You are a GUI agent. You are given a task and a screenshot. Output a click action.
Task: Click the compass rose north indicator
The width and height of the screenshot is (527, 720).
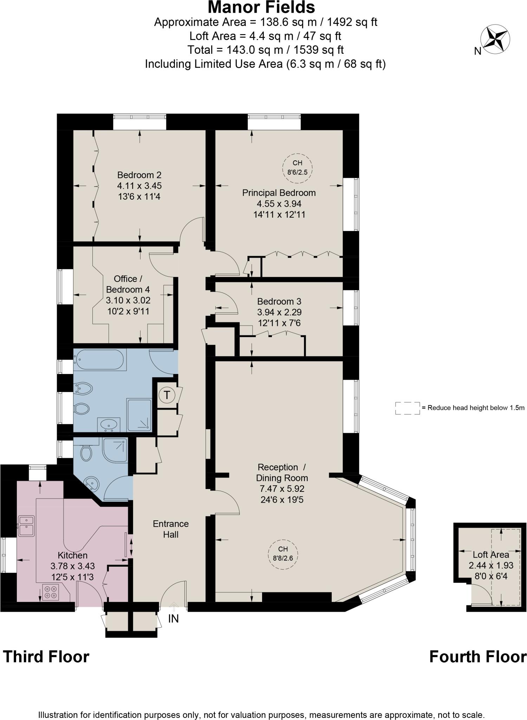pyautogui.click(x=495, y=39)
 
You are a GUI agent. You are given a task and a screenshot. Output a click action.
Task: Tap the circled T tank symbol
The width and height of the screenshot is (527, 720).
pyautogui.click(x=167, y=395)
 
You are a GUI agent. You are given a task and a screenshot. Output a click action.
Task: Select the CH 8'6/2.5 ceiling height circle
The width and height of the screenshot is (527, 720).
pyautogui.click(x=297, y=168)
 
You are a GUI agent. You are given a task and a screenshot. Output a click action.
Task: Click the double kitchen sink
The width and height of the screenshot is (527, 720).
pyautogui.click(x=26, y=525)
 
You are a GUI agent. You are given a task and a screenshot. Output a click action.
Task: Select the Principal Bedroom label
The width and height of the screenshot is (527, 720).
pyautogui.click(x=279, y=193)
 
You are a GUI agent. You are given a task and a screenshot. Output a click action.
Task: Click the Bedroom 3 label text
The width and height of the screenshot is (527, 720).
pyautogui.click(x=279, y=301)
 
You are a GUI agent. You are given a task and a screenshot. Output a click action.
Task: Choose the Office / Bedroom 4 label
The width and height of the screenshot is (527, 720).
pyautogui.click(x=128, y=284)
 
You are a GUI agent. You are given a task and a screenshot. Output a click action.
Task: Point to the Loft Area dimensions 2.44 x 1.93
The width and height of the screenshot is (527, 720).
pyautogui.click(x=491, y=565)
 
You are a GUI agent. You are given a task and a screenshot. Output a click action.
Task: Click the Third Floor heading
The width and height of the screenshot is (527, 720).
pyautogui.click(x=46, y=657)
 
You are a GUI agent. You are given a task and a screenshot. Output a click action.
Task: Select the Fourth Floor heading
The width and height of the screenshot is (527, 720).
pyautogui.click(x=478, y=657)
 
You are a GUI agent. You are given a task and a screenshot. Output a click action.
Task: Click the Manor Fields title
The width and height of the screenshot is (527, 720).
pyautogui.click(x=261, y=7)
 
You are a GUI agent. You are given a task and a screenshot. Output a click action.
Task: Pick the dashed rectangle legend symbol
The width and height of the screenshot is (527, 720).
pyautogui.click(x=408, y=408)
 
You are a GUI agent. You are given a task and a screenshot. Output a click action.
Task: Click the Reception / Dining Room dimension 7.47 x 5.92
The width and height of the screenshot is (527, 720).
pyautogui.click(x=282, y=489)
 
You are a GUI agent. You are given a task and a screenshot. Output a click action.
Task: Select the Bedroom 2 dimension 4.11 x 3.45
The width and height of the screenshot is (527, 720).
pyautogui.click(x=139, y=186)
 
